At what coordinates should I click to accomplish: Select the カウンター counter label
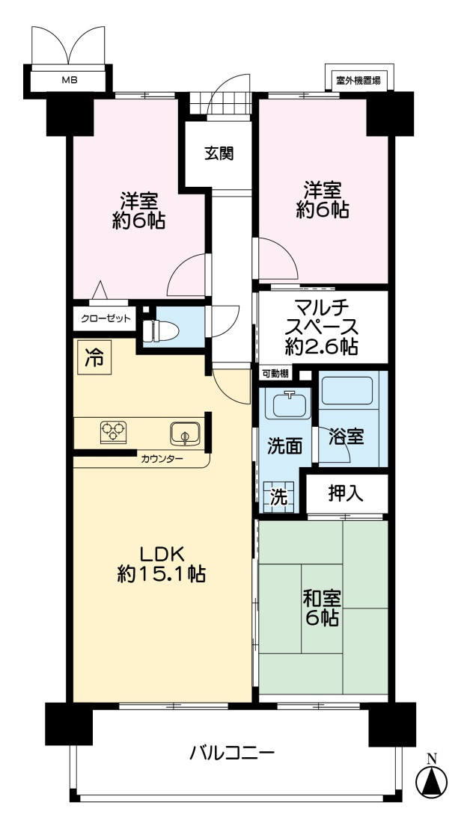point(161,458)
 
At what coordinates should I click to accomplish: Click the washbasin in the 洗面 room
point(289,404)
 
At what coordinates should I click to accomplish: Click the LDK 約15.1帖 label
point(161,563)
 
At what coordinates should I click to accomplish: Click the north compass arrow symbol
point(431,782)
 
